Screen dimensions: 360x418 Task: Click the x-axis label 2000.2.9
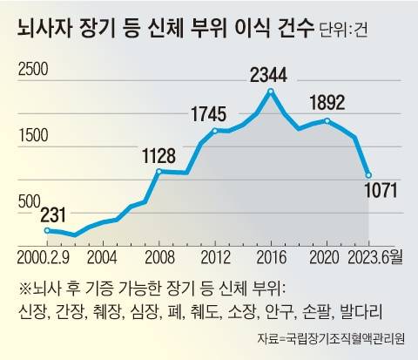(x=44, y=258)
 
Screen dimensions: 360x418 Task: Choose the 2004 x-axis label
(x=103, y=258)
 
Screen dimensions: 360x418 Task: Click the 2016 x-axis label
(x=271, y=258)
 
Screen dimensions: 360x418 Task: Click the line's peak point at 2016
(x=271, y=91)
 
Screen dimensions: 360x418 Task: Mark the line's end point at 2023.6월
(x=369, y=175)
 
